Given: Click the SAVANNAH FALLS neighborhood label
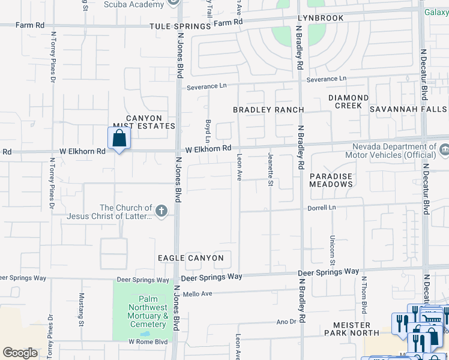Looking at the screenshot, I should tap(408, 109).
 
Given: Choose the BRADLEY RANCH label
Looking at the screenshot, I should tap(268, 110).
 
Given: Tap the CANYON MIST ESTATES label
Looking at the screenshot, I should tap(144, 122).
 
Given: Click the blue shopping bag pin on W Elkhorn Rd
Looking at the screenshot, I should tap(119, 139).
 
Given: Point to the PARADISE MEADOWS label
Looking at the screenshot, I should tap(331, 180).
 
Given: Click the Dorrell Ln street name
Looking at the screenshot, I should tap(322, 208).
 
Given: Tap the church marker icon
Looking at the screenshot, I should tap(160, 211).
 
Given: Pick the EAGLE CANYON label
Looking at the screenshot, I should tap(190, 258).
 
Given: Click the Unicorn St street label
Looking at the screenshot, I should tap(332, 250).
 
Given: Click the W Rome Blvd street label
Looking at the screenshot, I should tap(148, 341).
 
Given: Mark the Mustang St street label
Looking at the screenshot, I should tap(82, 309).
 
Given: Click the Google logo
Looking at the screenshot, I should tap(20, 353).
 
